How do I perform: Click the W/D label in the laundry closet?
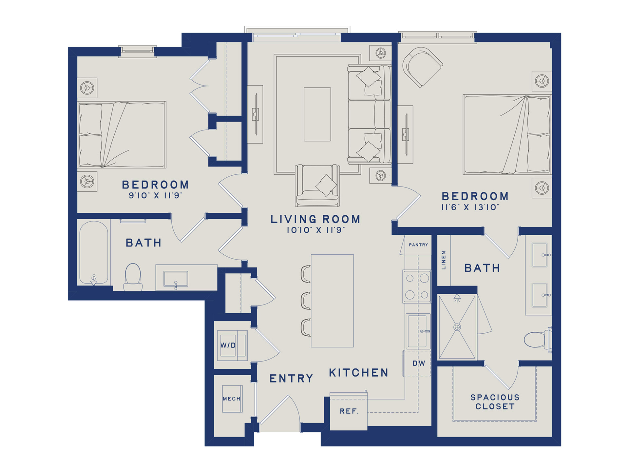pyautogui.click(x=228, y=345)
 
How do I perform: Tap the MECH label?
pyautogui.click(x=232, y=399)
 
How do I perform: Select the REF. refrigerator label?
pyautogui.click(x=349, y=411)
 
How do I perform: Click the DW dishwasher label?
pyautogui.click(x=419, y=363)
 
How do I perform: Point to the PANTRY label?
pyautogui.click(x=418, y=245)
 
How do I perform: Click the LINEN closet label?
pyautogui.click(x=444, y=260)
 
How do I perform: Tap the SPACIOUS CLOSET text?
pyautogui.click(x=495, y=402)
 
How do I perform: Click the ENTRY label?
pyautogui.click(x=291, y=379)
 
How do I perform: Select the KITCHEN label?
pyautogui.click(x=359, y=373)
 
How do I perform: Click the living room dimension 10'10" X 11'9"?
pyautogui.click(x=315, y=230)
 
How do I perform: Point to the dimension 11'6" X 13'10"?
pyautogui.click(x=470, y=207)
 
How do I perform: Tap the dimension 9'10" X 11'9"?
pyautogui.click(x=155, y=195)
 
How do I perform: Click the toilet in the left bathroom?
pyautogui.click(x=133, y=277)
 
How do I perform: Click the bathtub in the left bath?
pyautogui.click(x=94, y=253)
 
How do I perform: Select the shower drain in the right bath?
pyautogui.click(x=457, y=327)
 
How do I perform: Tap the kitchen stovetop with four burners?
pyautogui.click(x=417, y=286)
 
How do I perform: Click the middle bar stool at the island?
pyautogui.click(x=305, y=300)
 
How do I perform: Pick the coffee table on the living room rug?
pyautogui.click(x=317, y=114)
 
